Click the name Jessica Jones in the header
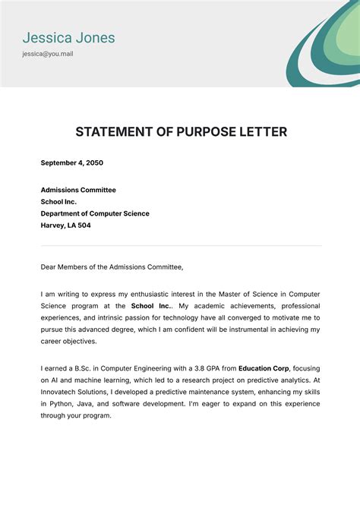click(68, 36)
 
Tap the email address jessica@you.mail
click(47, 54)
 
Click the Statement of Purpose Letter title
click(181, 132)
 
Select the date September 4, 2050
click(71, 162)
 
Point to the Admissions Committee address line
click(78, 190)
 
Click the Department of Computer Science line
click(95, 213)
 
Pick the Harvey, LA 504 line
click(65, 226)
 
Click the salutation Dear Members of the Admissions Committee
click(112, 267)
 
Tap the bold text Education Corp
click(265, 368)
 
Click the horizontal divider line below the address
click(181, 245)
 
